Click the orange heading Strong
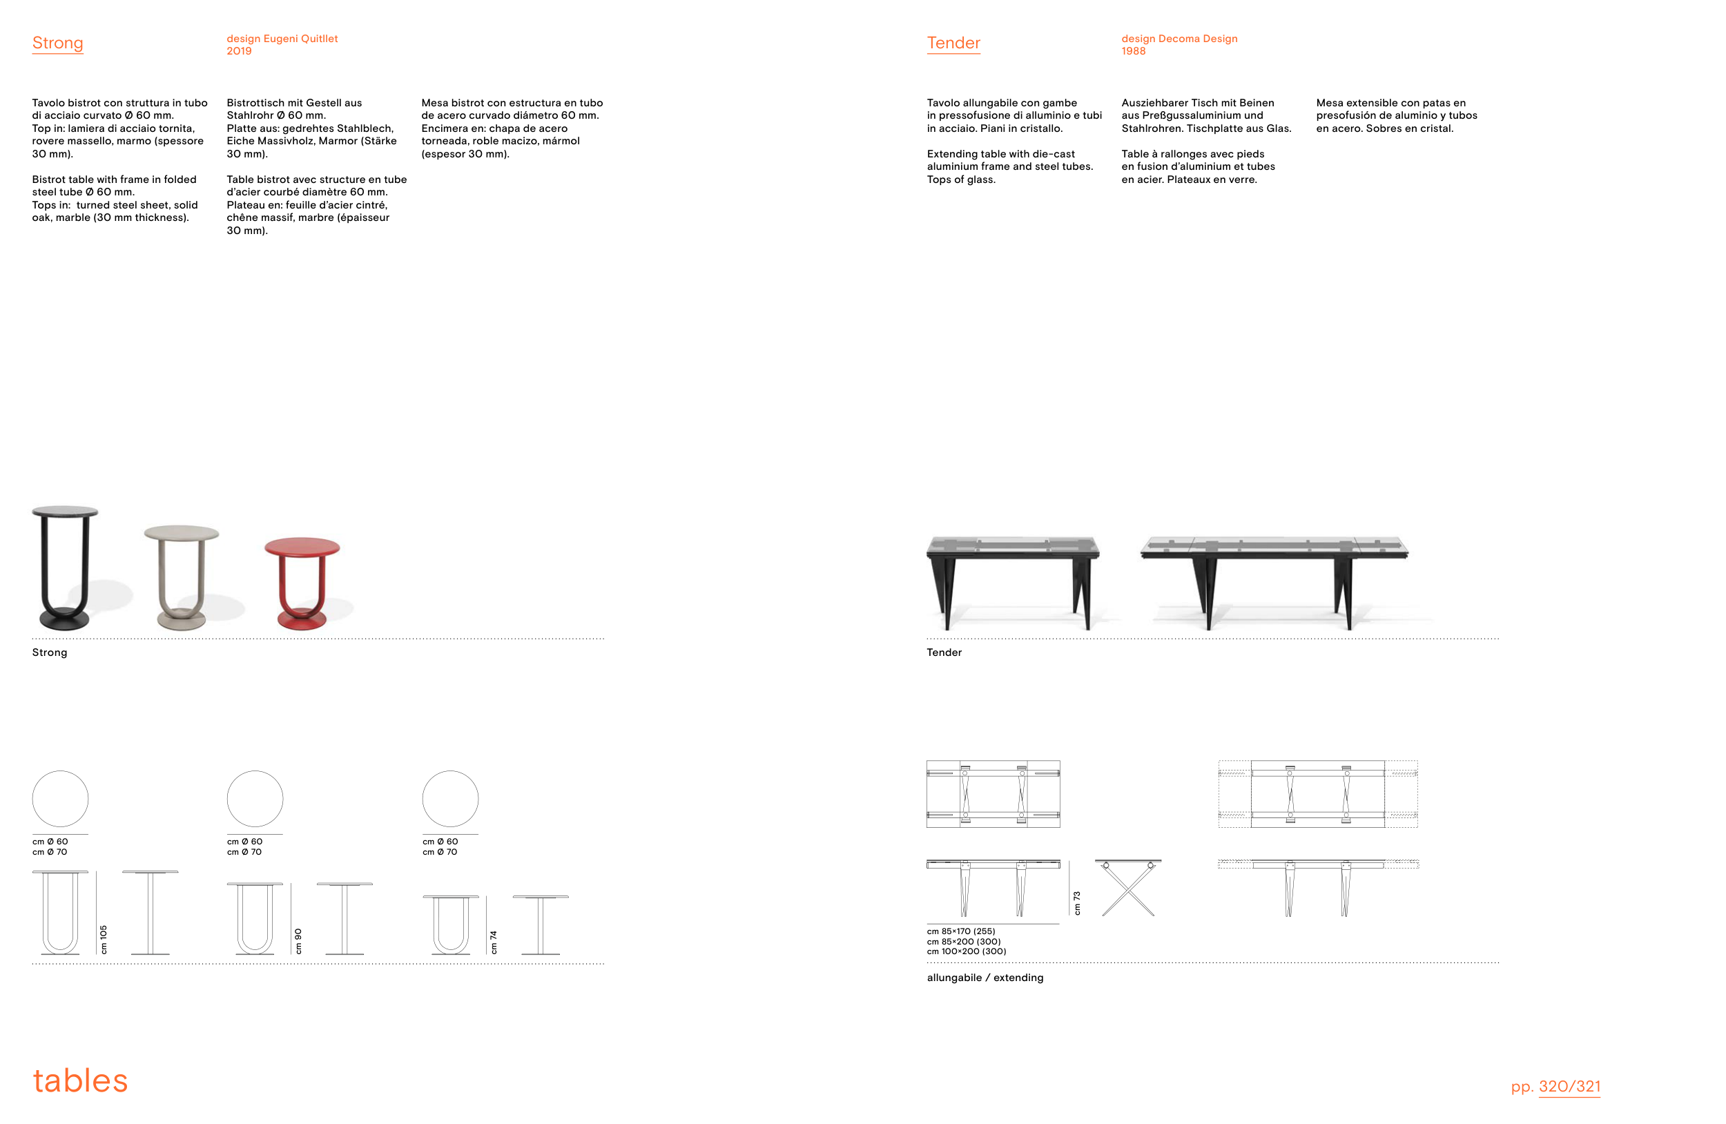57,43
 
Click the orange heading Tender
953,43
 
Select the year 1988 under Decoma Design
1134,51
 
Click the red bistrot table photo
302,583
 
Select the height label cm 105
104,939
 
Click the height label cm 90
298,940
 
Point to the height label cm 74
494,942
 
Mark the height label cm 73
1077,903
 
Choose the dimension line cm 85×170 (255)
961,931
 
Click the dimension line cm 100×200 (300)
967,951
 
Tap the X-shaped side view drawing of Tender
1128,889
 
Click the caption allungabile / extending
985,978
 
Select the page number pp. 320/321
1555,1086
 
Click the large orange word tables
81,1081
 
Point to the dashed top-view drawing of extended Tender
1319,794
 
